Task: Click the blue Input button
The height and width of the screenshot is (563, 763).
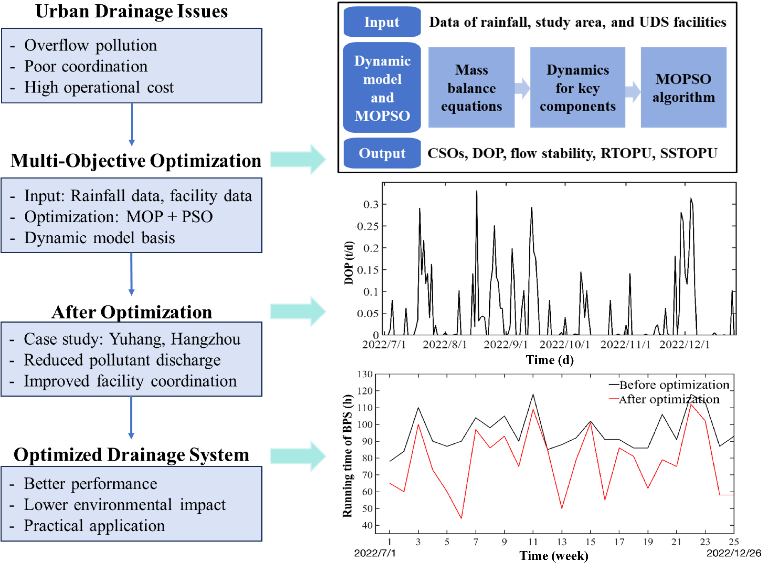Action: coord(382,22)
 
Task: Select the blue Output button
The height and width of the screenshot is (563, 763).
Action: coord(382,153)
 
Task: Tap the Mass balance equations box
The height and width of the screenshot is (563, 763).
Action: coord(471,88)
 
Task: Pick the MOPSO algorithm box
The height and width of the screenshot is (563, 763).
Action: coord(683,88)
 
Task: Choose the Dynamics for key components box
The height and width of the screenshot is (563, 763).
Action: coord(578,88)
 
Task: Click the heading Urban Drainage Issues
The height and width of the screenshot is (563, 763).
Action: coord(132,11)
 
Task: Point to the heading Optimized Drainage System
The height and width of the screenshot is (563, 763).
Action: coord(132,455)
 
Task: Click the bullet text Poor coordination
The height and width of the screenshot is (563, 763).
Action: coord(86,66)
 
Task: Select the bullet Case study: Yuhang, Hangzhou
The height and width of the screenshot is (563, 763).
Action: coord(132,339)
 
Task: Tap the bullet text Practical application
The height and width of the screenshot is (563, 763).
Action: coord(94,525)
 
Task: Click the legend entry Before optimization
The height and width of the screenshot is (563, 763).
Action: coord(674,385)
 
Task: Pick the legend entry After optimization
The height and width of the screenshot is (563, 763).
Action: coord(669,399)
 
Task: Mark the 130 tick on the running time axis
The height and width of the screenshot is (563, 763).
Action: coord(364,374)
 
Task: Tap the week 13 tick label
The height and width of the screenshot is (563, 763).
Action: coord(562,541)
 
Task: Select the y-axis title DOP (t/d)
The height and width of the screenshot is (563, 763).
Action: coord(349,263)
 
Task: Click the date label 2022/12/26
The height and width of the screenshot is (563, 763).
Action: coord(734,552)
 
